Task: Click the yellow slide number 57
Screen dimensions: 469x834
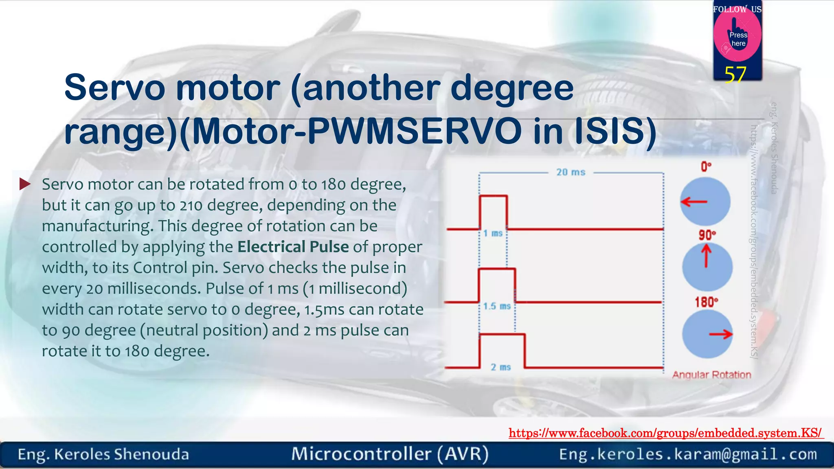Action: tap(735, 75)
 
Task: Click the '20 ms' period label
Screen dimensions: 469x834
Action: tap(571, 172)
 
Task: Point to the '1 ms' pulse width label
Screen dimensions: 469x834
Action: tap(493, 233)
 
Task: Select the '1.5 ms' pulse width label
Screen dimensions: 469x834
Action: tap(497, 306)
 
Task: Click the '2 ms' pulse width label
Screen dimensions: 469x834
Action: tap(500, 367)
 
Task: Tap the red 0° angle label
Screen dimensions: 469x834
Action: tap(706, 167)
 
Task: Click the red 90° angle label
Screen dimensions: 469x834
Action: tap(707, 235)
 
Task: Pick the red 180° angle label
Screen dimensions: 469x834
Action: tap(706, 302)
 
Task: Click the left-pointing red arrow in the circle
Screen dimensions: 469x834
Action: tap(694, 202)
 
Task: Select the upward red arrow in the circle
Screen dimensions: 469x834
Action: tap(707, 256)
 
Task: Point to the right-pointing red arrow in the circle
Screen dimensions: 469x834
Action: tap(720, 334)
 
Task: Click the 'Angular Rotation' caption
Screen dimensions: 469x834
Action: tap(711, 375)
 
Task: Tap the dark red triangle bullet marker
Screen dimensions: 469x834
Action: tap(25, 184)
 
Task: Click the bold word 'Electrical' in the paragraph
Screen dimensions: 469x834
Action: tap(271, 247)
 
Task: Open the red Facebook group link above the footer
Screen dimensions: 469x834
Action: tap(665, 433)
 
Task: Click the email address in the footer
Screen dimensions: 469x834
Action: tap(688, 454)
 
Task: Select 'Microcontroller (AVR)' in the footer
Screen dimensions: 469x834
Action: tap(390, 454)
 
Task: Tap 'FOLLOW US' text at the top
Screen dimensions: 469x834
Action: tap(737, 9)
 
